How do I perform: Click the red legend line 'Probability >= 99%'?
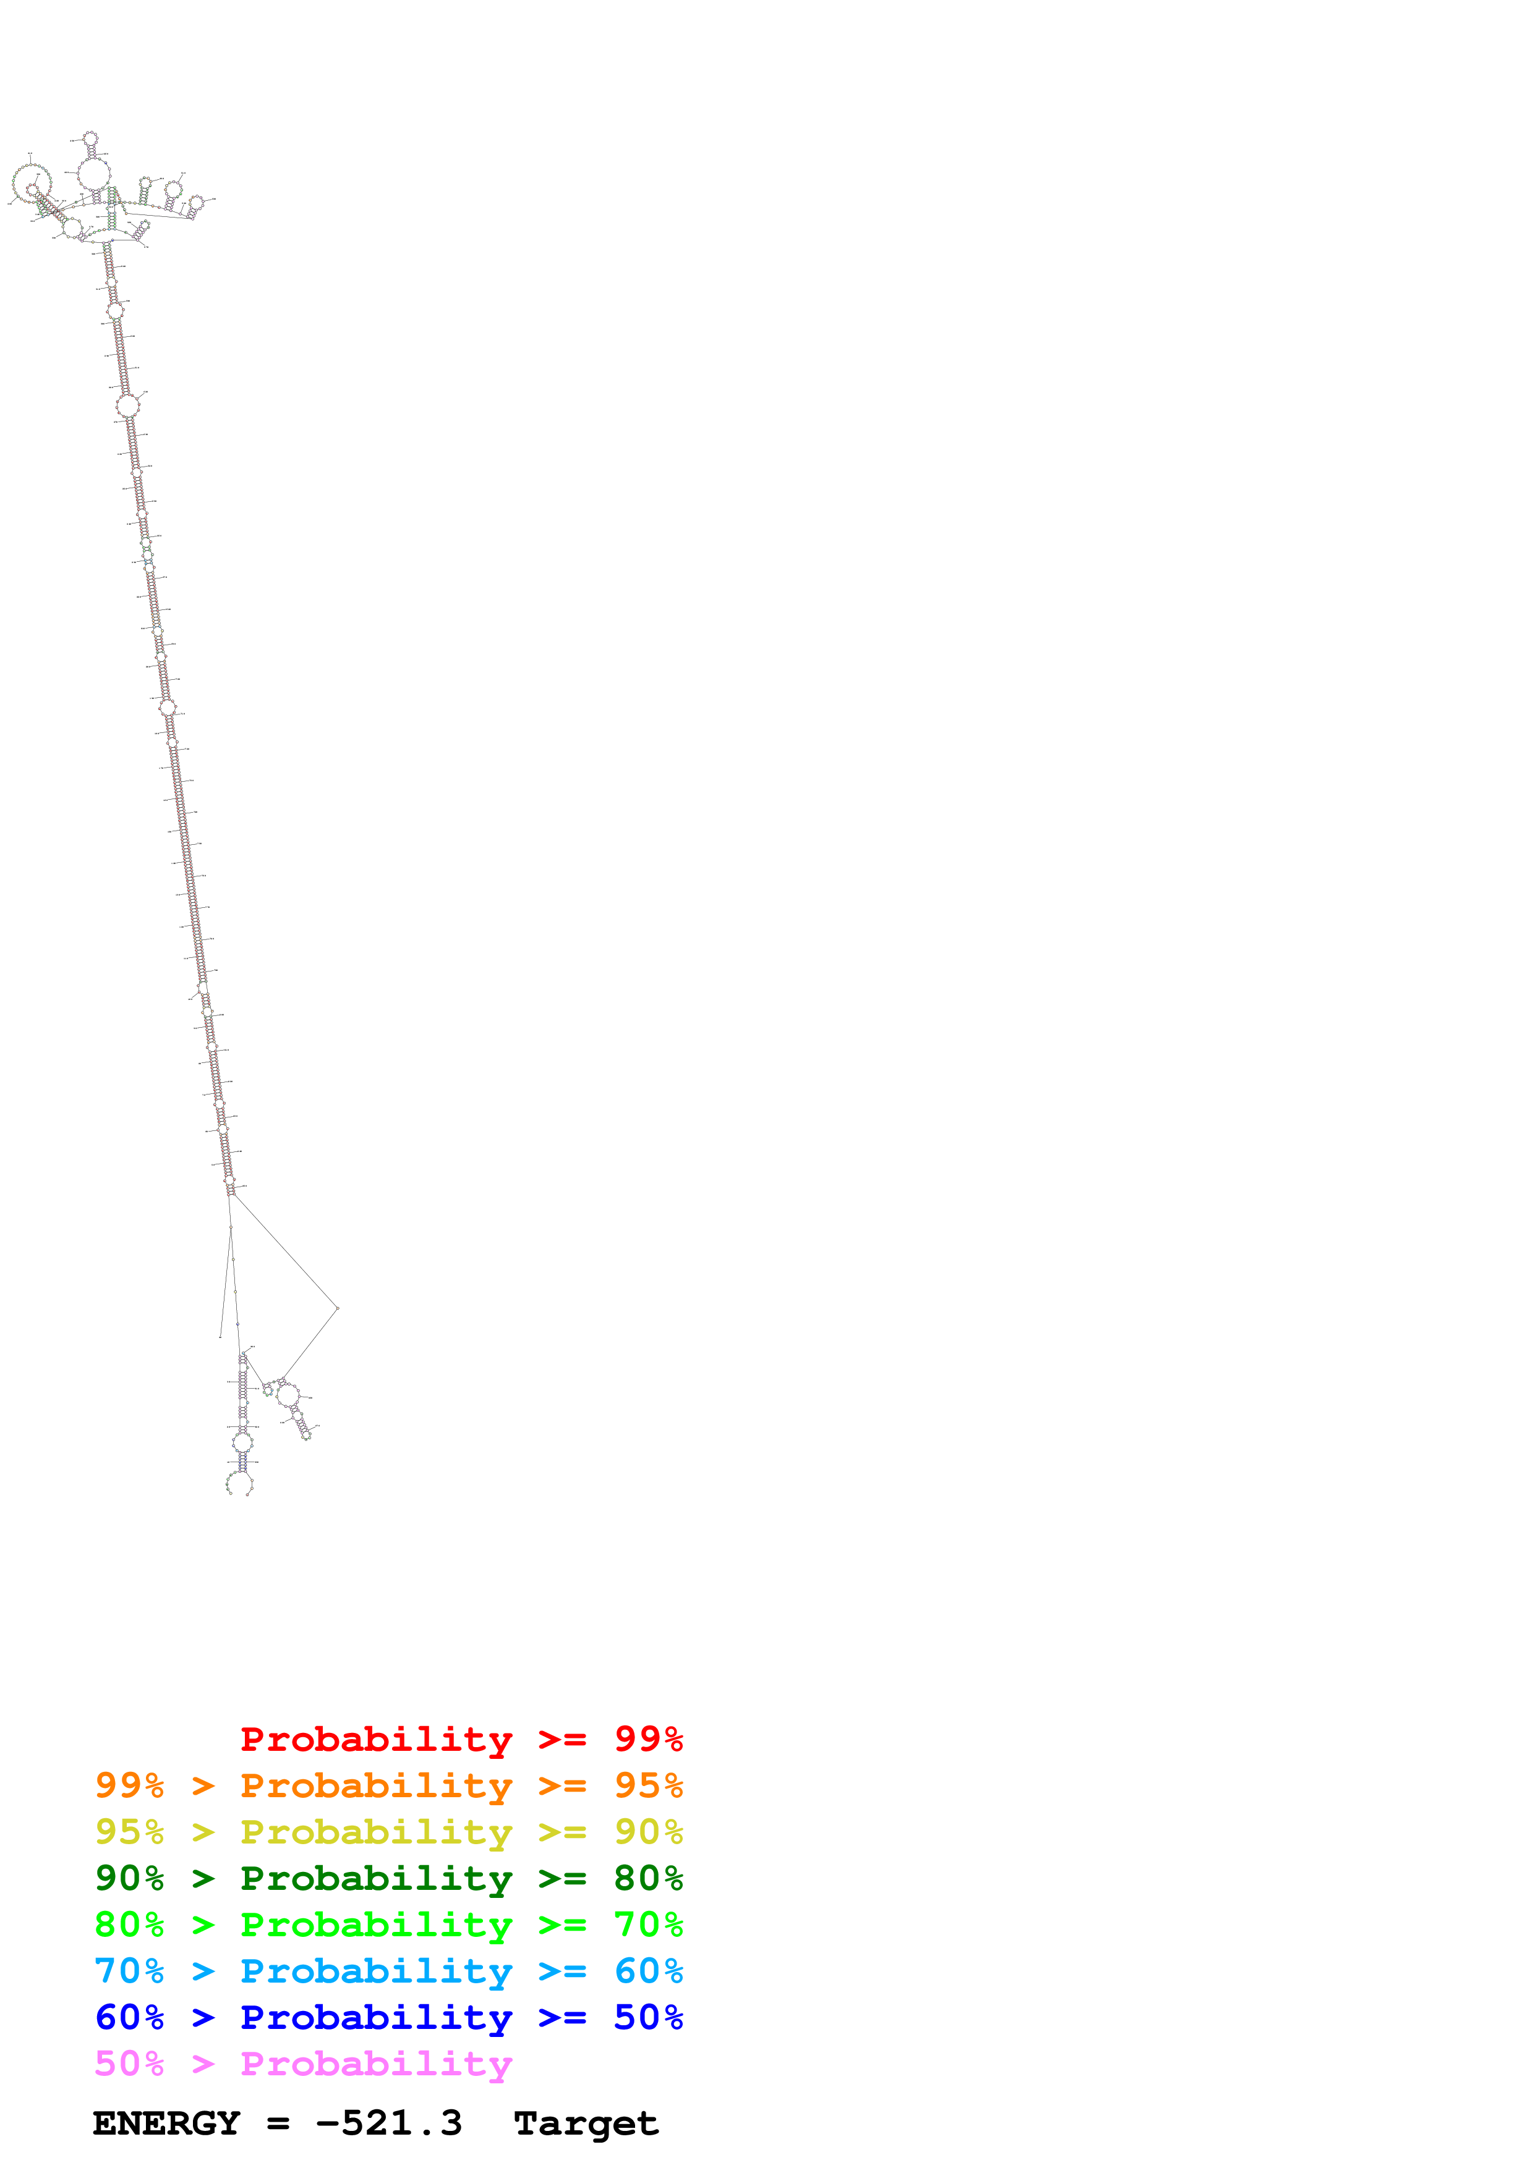(461, 1739)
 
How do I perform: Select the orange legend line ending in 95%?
(388, 1785)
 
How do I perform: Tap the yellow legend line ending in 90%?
(388, 1832)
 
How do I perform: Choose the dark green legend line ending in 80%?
(388, 1878)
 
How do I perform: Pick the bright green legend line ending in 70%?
(388, 1925)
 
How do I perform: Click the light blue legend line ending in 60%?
(388, 1971)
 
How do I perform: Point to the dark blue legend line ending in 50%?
(388, 2017)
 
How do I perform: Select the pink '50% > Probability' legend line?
(302, 2063)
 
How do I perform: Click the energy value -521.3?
(388, 2124)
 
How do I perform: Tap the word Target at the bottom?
(586, 2124)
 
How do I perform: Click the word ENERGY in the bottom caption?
(166, 2124)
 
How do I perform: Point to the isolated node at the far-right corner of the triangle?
(337, 1308)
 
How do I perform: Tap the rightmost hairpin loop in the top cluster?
(197, 202)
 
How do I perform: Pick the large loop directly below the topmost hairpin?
(93, 174)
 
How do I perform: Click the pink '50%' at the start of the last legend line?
(129, 2063)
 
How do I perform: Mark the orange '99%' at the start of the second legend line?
(129, 1785)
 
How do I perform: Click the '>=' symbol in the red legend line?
(562, 1739)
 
